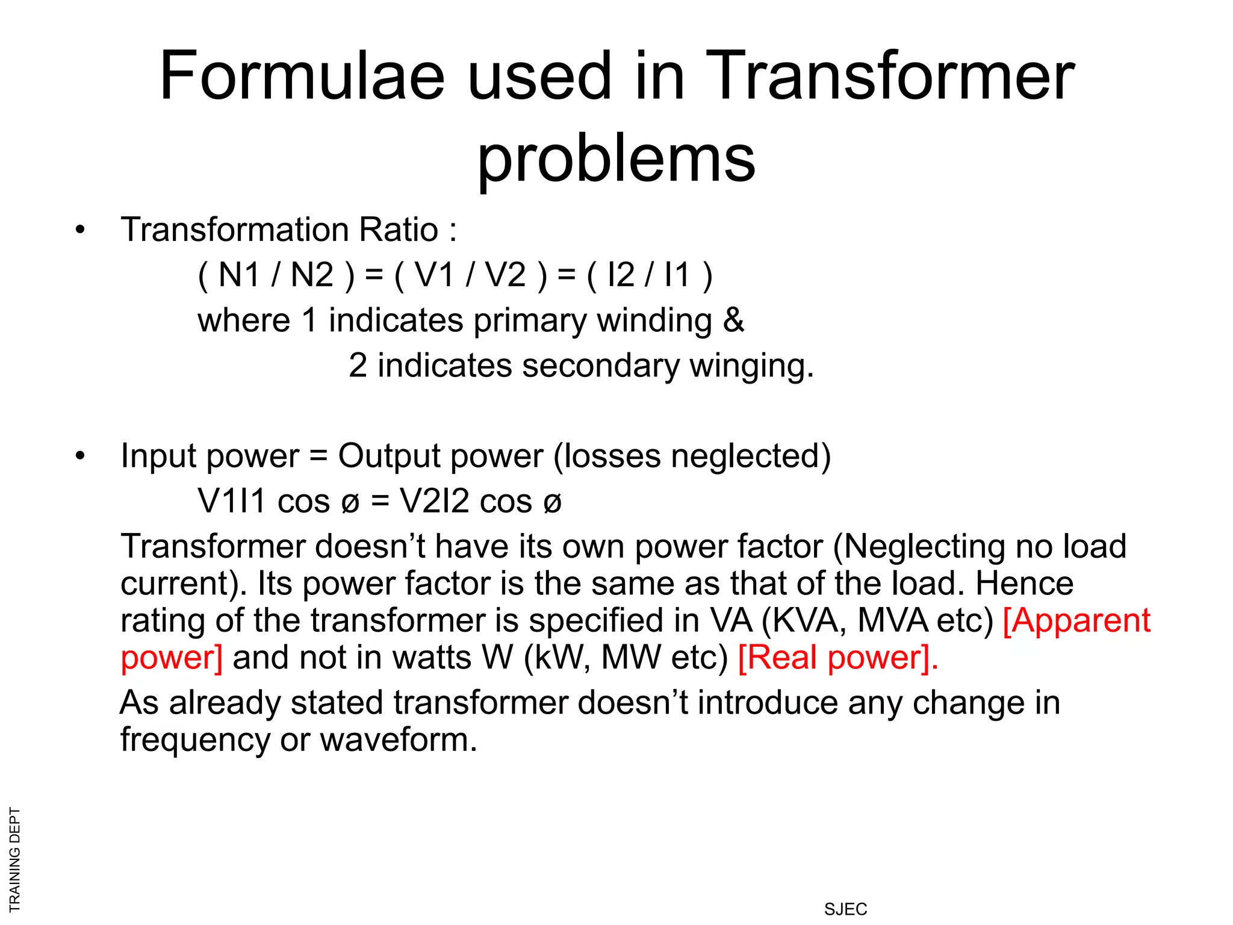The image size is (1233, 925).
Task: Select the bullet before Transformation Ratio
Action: (80, 231)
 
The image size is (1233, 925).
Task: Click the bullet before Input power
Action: (80, 456)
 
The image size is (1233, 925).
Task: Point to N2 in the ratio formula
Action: (312, 275)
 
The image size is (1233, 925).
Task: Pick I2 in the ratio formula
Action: (621, 275)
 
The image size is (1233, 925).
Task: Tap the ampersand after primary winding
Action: (733, 320)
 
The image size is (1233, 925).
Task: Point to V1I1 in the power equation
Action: (232, 501)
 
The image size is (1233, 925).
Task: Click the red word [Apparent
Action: (1076, 620)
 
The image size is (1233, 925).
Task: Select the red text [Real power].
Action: (837, 657)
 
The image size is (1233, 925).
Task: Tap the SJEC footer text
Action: (845, 909)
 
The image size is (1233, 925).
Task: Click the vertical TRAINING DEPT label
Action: (15, 859)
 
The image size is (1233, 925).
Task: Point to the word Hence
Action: (1024, 583)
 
